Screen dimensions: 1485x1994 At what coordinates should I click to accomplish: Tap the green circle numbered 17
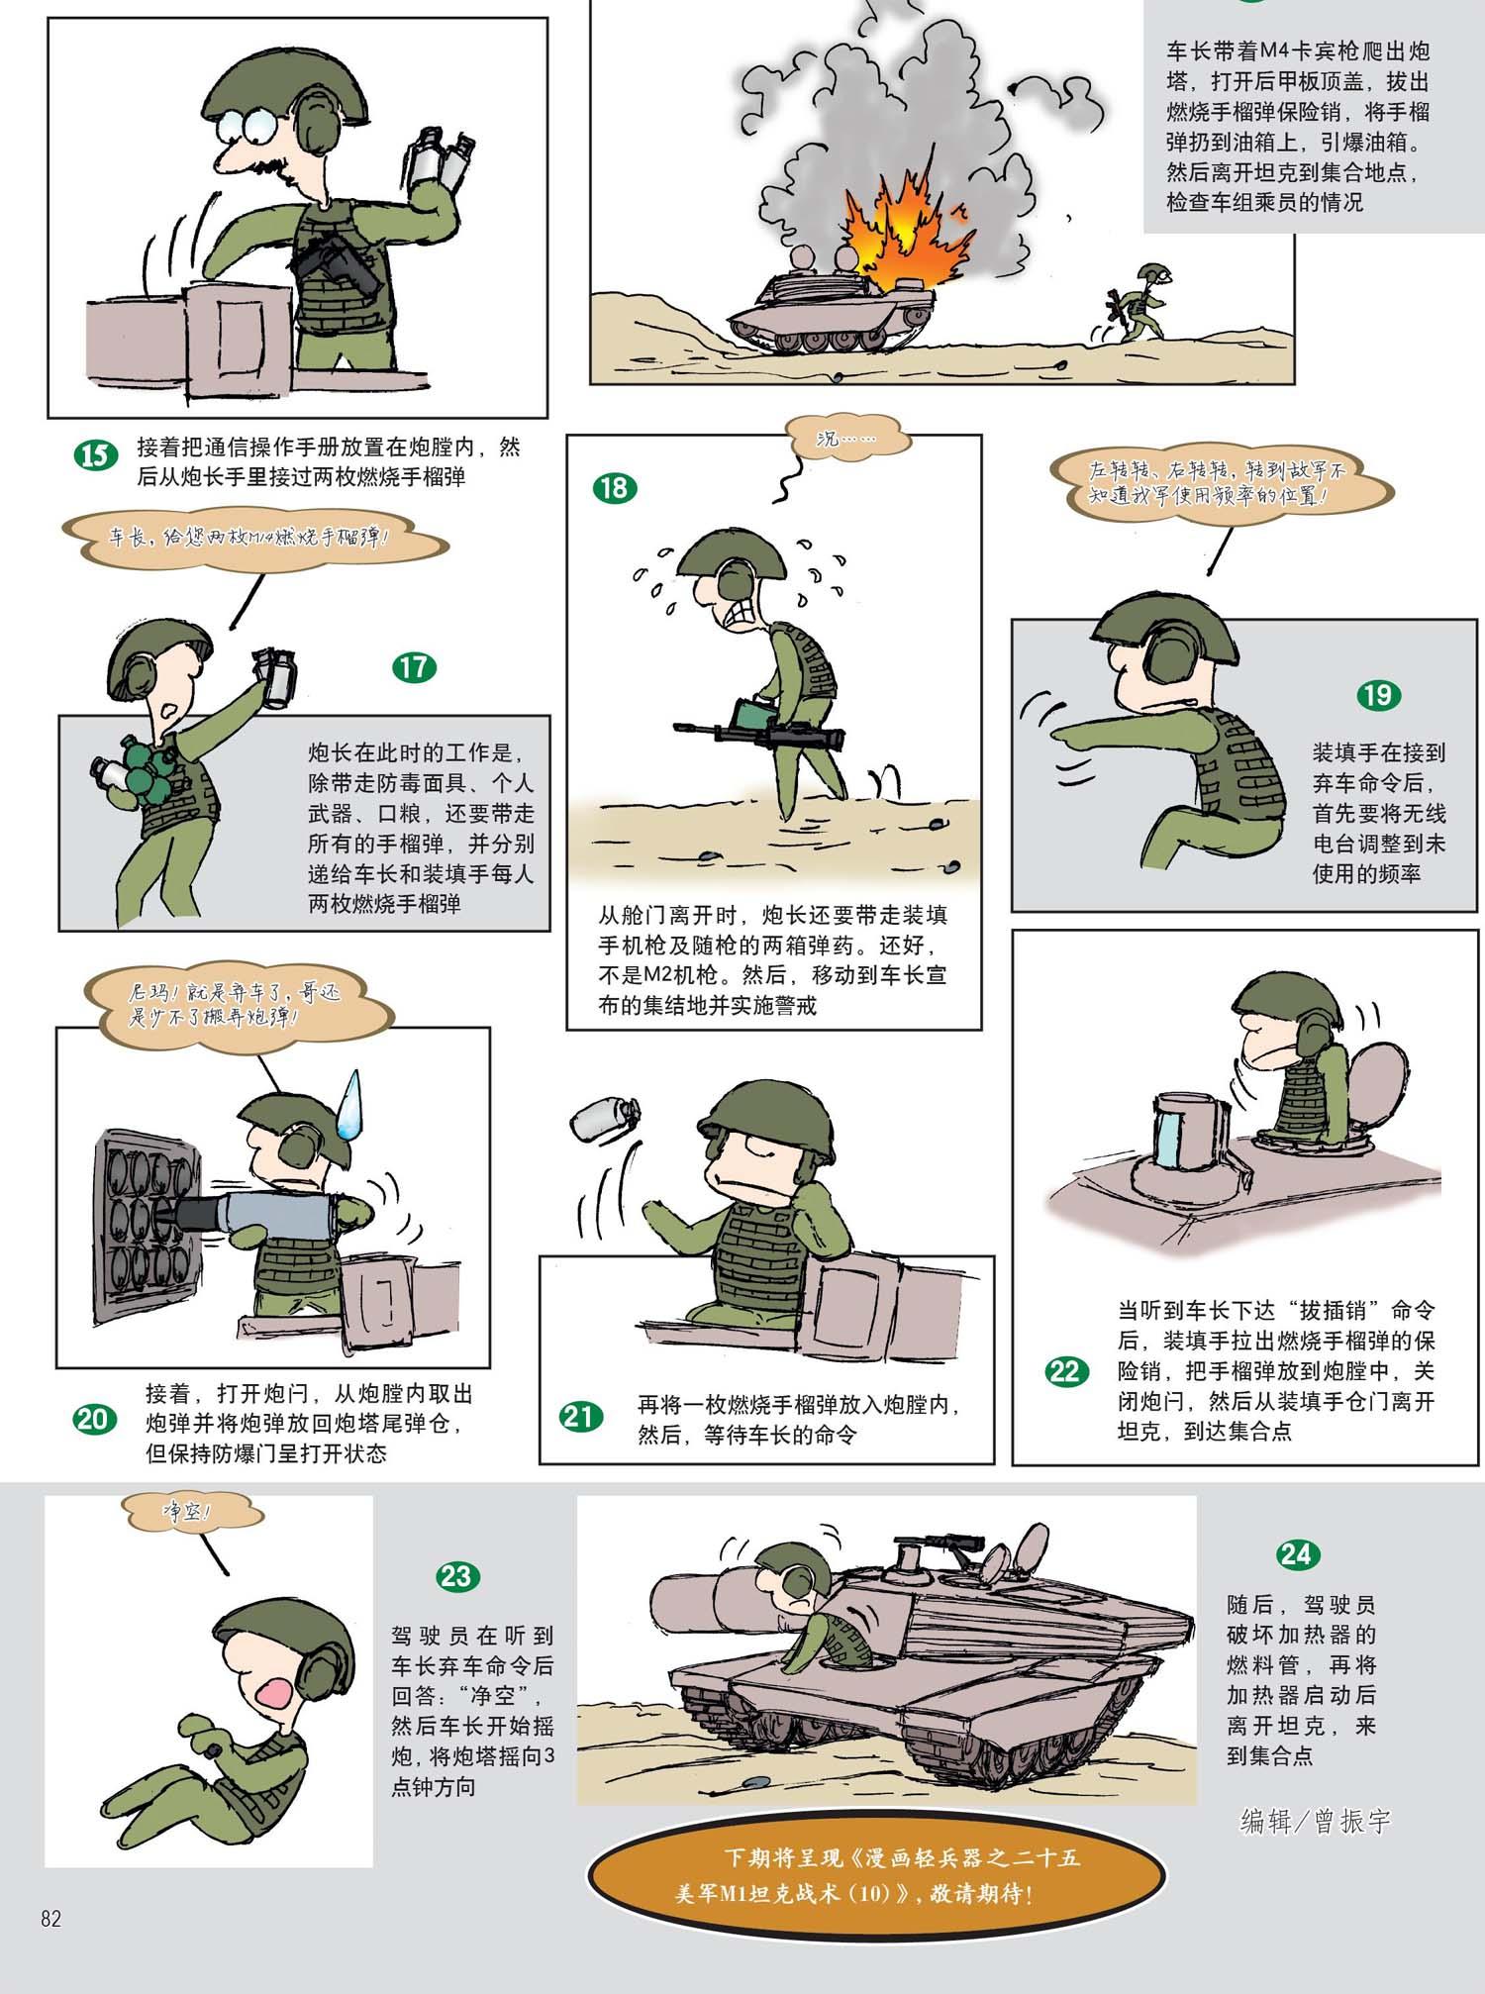(x=414, y=666)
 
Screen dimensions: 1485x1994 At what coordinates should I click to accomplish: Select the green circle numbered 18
(x=614, y=488)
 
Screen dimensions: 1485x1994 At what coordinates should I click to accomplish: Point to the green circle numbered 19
(x=1378, y=695)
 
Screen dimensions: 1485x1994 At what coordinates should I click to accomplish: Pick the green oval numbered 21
(x=580, y=1417)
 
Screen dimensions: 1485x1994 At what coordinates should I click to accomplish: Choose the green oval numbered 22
(x=1065, y=1372)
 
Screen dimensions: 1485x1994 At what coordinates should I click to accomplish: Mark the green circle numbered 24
(x=1296, y=1554)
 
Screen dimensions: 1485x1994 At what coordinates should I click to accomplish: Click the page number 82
(x=51, y=1919)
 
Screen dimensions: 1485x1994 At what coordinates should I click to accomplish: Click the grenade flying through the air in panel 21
(x=603, y=1116)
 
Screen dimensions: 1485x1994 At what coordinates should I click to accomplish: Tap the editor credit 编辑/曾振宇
(x=1316, y=1821)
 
